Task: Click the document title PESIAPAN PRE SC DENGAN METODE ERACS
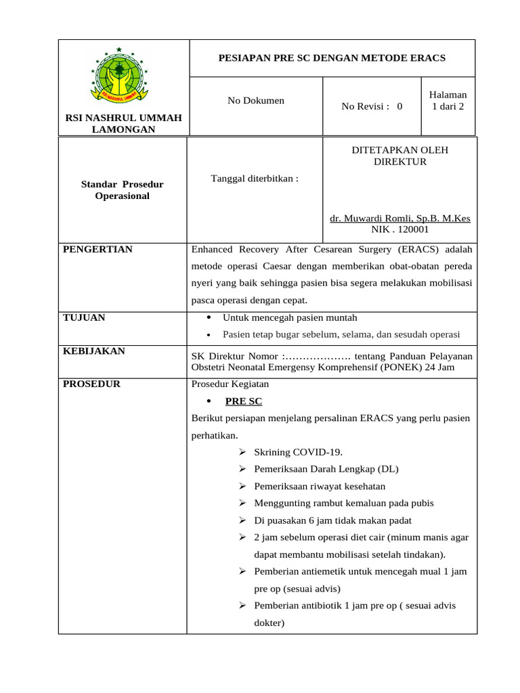click(x=331, y=58)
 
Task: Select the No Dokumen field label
click(x=256, y=101)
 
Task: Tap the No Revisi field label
click(x=372, y=106)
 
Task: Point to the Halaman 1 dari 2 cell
click(x=448, y=101)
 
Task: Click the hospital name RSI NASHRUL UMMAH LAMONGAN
click(x=123, y=124)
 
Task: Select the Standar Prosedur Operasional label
click(x=123, y=190)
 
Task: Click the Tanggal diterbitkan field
click(x=255, y=179)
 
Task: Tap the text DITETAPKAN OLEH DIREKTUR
click(x=399, y=156)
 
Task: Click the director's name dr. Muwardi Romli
click(x=399, y=219)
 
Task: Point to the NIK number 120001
click(x=399, y=230)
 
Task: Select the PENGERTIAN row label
click(x=97, y=250)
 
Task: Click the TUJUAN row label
click(x=84, y=317)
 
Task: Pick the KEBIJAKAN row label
click(x=94, y=351)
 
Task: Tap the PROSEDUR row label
click(x=91, y=384)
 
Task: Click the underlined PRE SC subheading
click(x=244, y=401)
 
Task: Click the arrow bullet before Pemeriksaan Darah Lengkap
click(x=243, y=469)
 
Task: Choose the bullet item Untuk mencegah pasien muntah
click(x=290, y=317)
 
